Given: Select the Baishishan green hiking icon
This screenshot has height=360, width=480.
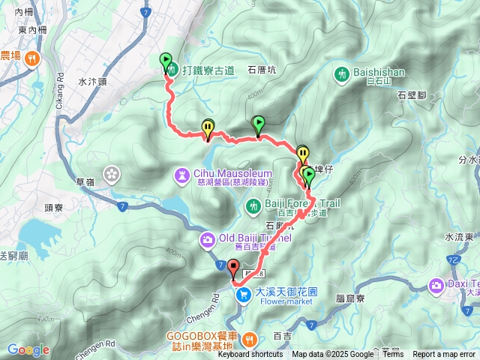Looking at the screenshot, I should click(342, 73).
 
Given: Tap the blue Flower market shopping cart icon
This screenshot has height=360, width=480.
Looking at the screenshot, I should click(243, 295).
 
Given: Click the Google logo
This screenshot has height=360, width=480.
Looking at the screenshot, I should click(28, 349).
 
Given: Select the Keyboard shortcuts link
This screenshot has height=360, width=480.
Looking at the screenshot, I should click(250, 355).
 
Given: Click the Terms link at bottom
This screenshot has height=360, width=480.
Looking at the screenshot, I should click(393, 355).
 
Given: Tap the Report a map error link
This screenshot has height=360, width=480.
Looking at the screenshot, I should click(444, 355).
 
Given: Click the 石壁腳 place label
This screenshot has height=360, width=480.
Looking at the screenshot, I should click(412, 95).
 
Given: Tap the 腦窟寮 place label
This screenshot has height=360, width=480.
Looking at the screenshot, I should click(350, 298).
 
